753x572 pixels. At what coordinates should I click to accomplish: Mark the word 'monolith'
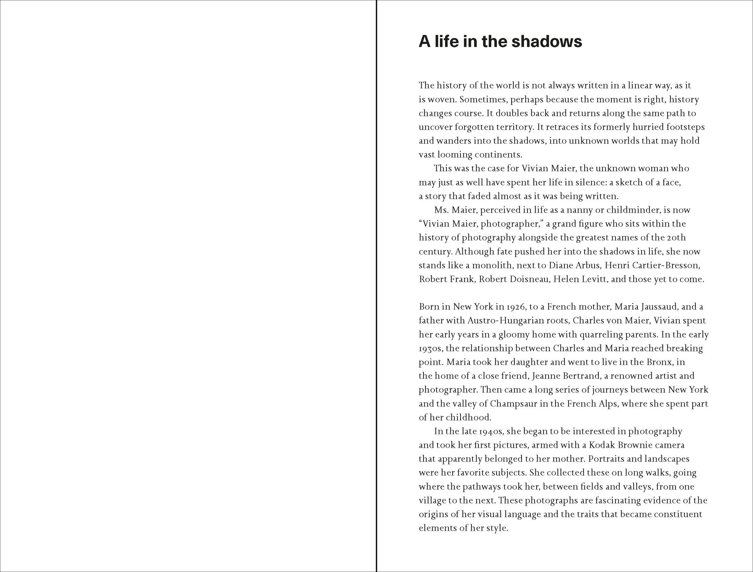coord(492,265)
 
